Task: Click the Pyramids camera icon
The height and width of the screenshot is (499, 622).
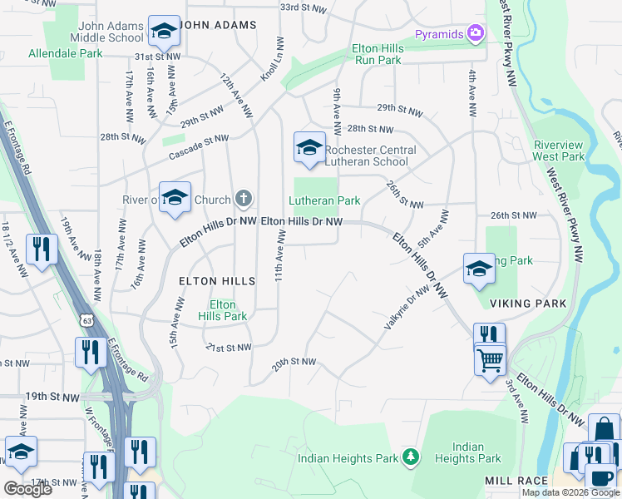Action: click(x=475, y=33)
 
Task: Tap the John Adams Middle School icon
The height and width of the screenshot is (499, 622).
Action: click(x=164, y=32)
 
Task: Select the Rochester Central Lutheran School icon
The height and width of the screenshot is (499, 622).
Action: click(x=309, y=149)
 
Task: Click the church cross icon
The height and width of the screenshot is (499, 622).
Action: click(x=243, y=198)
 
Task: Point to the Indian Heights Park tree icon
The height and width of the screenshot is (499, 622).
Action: click(x=409, y=457)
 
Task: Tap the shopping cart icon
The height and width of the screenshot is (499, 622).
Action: click(x=491, y=360)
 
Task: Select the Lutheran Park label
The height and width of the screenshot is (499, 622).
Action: click(x=324, y=200)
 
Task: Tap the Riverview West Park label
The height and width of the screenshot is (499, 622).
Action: click(x=559, y=151)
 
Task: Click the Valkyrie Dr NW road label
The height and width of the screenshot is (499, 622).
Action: click(x=405, y=305)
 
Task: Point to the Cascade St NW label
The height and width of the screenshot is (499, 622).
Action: click(x=198, y=147)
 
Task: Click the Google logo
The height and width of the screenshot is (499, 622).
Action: click(x=27, y=489)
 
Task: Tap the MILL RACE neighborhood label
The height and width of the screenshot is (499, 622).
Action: click(x=516, y=481)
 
